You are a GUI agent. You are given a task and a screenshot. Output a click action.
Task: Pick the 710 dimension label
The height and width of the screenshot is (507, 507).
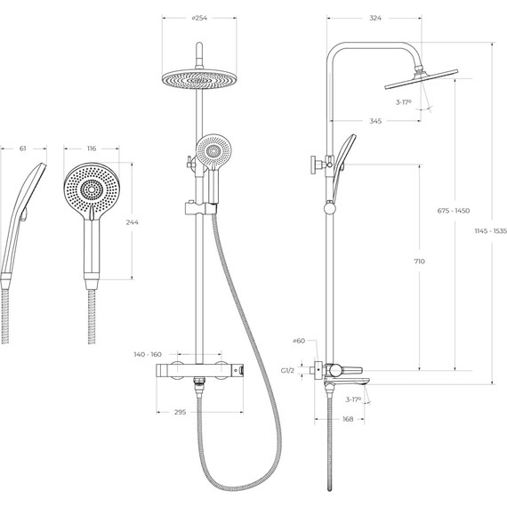(x=419, y=262)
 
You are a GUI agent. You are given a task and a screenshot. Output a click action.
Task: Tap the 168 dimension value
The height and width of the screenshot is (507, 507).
(x=348, y=419)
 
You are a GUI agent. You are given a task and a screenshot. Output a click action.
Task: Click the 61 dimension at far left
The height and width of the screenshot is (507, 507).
(x=21, y=149)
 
